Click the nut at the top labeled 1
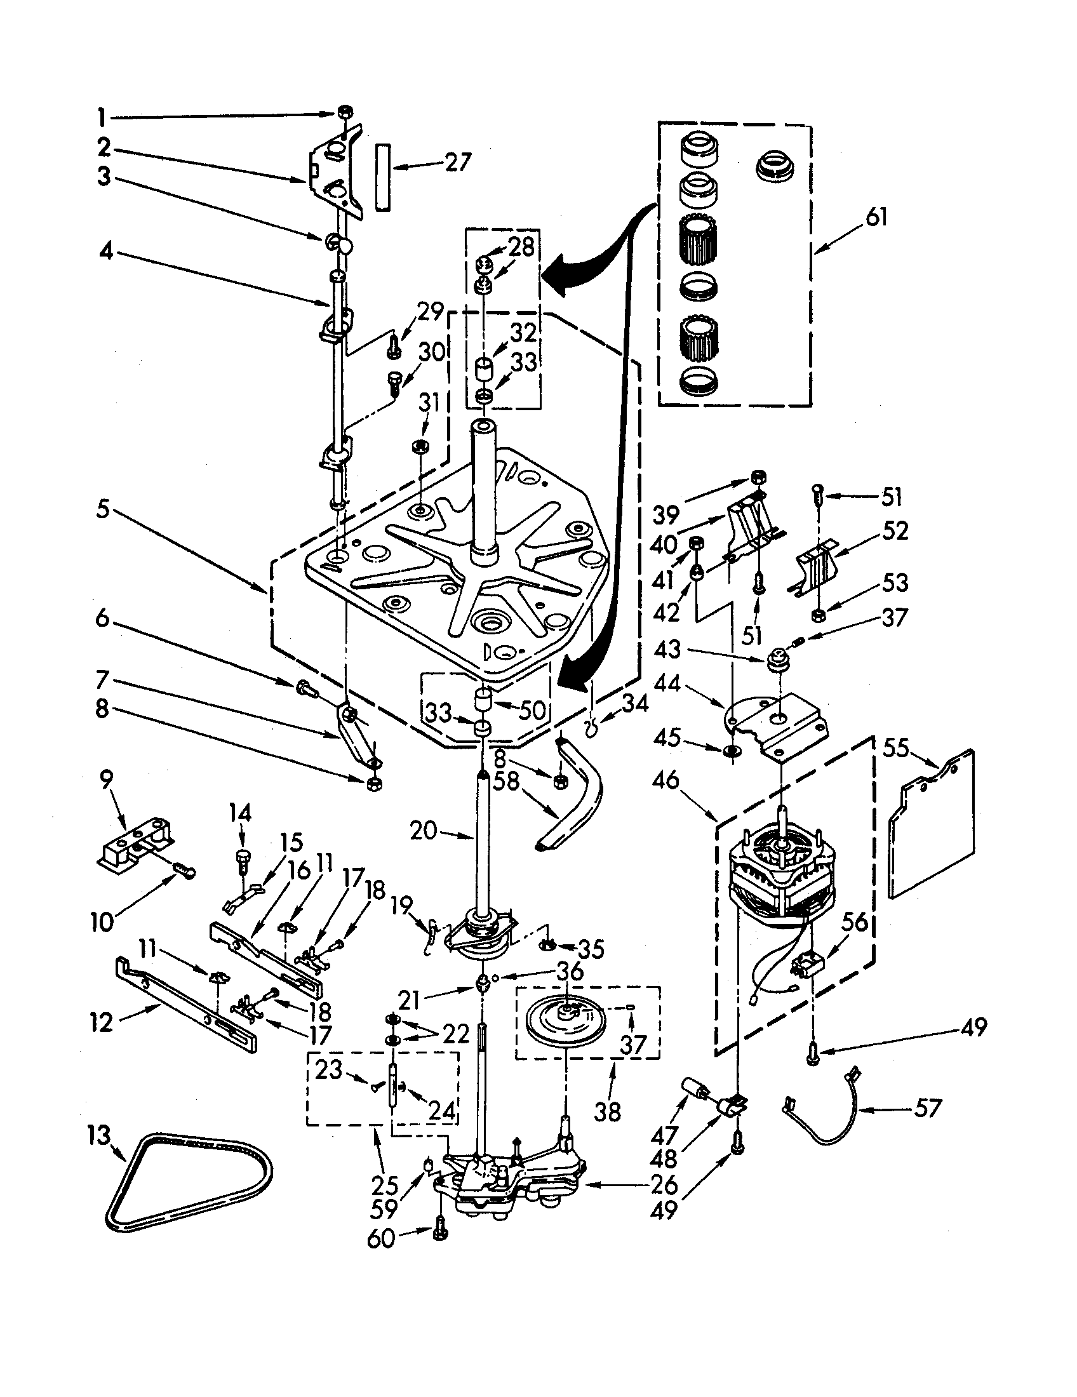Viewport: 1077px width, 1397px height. (344, 112)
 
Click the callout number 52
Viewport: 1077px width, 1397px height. (893, 531)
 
